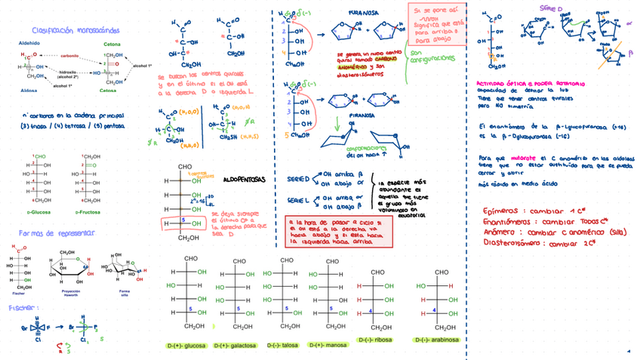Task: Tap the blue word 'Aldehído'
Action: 29,44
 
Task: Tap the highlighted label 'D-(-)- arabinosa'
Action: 437,340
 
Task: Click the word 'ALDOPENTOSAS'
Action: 245,181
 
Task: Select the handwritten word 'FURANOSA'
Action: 364,14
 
